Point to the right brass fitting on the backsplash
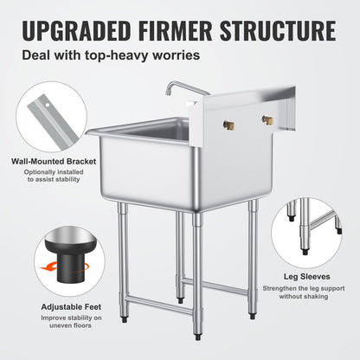pos(267,119)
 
